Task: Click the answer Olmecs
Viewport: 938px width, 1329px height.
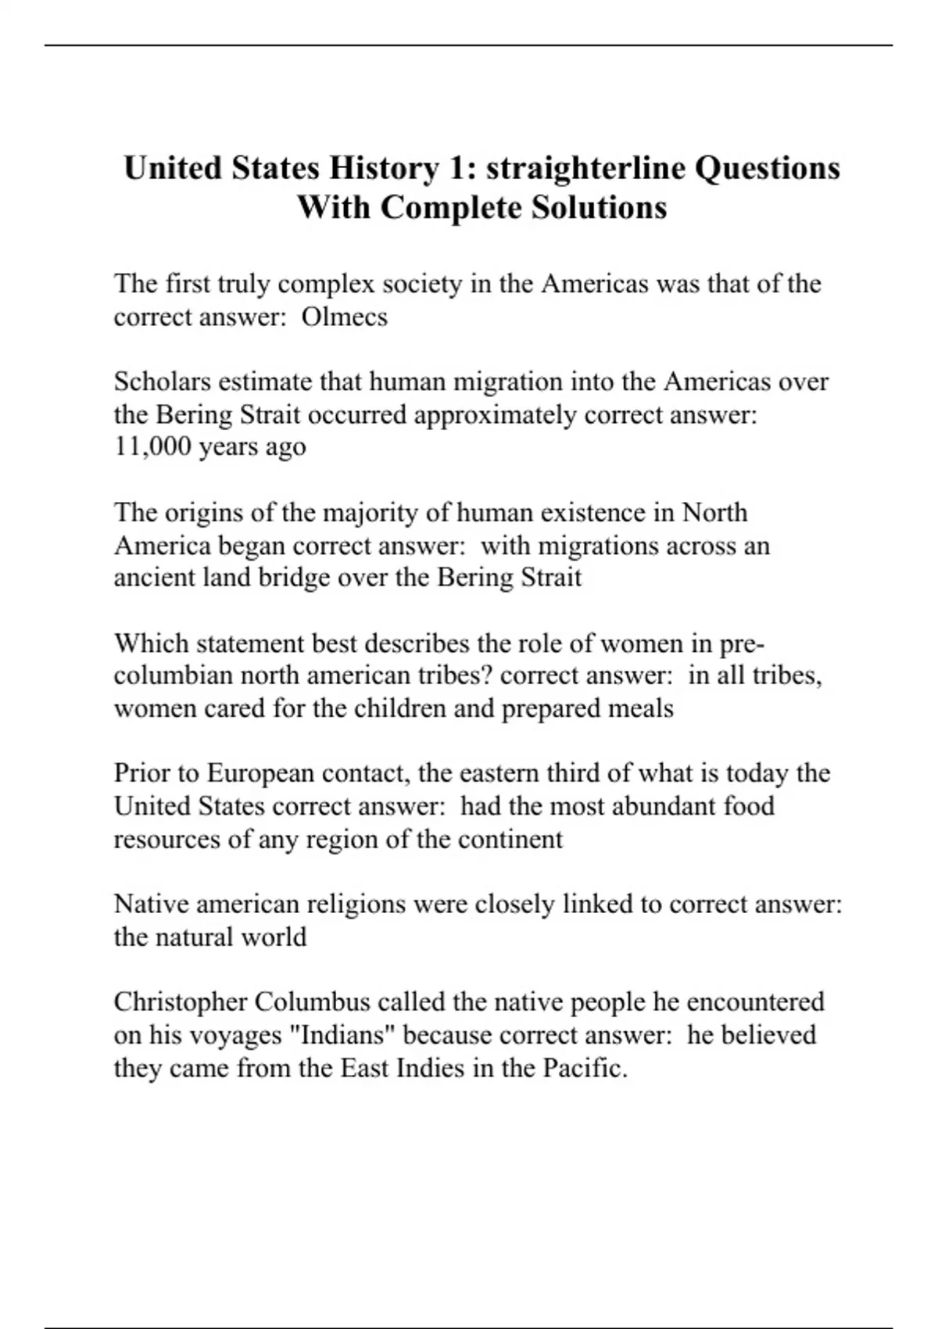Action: (345, 317)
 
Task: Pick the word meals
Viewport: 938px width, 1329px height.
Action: (644, 708)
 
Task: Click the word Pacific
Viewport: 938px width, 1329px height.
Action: (585, 1068)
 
